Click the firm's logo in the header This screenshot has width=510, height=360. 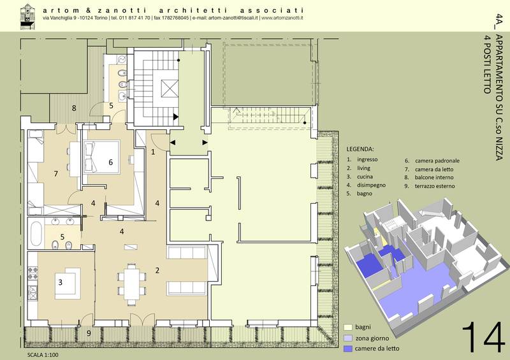[x=27, y=17]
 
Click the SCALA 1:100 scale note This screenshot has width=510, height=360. [x=43, y=355]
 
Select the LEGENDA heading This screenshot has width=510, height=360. [x=360, y=149]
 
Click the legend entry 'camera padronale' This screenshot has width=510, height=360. [x=437, y=161]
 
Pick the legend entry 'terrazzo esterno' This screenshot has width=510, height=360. [x=435, y=186]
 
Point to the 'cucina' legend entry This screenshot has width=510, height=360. [x=365, y=176]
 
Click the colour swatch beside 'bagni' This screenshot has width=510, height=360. [x=348, y=327]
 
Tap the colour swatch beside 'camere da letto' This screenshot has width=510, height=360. [x=348, y=349]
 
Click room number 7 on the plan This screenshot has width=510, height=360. [x=56, y=174]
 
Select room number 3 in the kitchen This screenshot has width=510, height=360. [x=60, y=282]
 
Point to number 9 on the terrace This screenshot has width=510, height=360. [x=89, y=333]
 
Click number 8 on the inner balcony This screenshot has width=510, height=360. [x=74, y=108]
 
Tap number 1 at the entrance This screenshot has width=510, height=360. [x=153, y=152]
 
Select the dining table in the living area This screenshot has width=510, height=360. [x=132, y=285]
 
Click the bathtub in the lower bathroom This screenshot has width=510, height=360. [x=36, y=233]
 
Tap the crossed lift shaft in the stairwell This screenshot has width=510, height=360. [x=170, y=89]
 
